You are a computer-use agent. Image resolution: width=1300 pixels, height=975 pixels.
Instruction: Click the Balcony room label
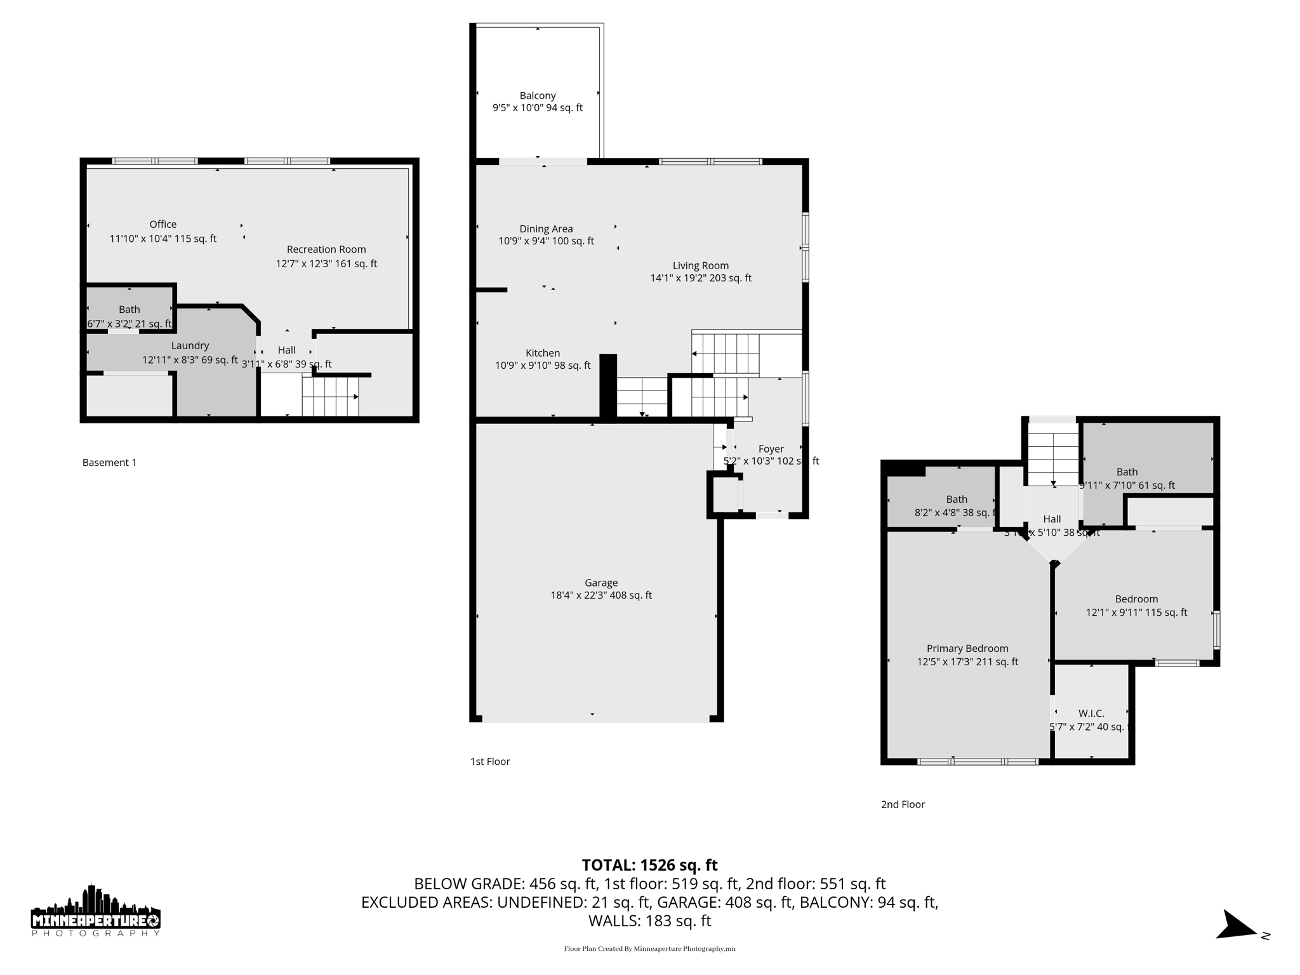coord(538,96)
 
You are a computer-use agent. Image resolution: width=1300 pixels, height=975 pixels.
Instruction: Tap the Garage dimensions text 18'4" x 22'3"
coord(600,595)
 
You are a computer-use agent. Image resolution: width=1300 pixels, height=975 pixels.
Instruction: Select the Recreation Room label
coord(326,249)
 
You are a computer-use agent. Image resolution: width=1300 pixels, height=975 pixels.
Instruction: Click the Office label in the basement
coord(163,224)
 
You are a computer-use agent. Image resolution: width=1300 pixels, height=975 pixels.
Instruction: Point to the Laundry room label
coord(190,345)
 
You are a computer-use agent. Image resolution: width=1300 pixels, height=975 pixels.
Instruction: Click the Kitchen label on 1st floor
coord(543,353)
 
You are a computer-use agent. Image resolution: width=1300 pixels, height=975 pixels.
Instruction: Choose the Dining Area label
coord(546,229)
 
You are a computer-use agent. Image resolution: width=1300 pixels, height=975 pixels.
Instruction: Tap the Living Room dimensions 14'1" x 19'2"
coord(701,278)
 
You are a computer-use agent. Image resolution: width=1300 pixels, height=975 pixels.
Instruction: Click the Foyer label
coord(771,449)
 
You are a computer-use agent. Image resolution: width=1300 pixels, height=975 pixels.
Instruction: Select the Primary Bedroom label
coord(967,648)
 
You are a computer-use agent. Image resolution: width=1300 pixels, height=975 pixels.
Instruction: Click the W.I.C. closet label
coord(1091,713)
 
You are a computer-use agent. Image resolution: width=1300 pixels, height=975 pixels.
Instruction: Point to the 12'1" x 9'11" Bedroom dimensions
coord(1136,613)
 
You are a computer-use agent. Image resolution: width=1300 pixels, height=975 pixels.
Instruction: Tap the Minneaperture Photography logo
coord(96,911)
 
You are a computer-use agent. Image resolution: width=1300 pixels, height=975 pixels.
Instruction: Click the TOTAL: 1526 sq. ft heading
coord(649,865)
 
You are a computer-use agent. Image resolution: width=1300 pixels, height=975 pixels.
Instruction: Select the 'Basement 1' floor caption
coord(109,462)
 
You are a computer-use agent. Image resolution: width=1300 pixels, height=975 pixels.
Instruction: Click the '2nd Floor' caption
coord(903,804)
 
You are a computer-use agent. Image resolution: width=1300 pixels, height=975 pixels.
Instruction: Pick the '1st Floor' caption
coord(490,761)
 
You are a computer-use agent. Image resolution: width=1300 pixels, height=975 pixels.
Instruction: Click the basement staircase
coord(330,397)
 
